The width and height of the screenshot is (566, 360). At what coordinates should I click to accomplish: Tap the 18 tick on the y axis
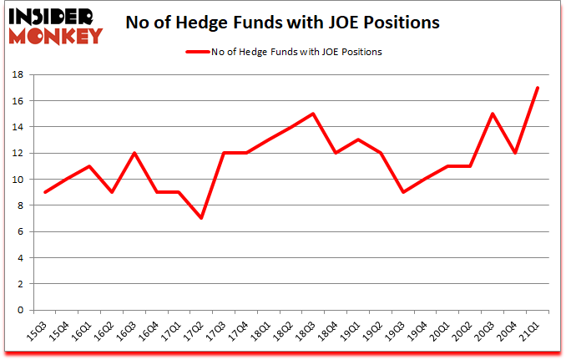18,75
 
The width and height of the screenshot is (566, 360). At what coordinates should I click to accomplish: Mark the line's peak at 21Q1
538,88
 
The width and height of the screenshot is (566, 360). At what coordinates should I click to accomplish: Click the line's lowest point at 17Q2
201,218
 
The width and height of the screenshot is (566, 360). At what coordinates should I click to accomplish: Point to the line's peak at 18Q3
312,114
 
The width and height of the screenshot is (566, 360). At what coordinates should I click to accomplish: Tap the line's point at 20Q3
493,114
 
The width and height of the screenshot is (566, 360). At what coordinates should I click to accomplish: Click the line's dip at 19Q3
403,192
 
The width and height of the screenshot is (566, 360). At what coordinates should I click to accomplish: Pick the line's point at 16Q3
134,153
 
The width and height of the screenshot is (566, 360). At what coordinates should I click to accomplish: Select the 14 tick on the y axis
18,127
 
